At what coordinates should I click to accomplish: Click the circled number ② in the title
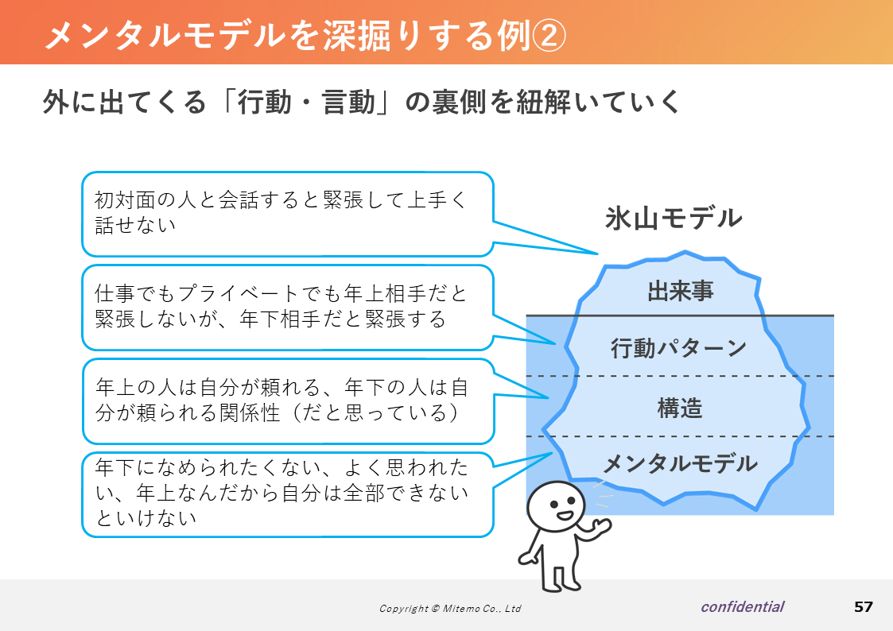549,35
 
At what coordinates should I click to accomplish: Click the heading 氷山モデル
674,219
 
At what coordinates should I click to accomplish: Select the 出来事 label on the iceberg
681,291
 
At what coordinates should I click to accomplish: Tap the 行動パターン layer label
678,347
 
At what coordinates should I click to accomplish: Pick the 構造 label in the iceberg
680,408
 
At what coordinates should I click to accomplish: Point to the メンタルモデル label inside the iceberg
680,464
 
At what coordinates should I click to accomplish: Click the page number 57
864,607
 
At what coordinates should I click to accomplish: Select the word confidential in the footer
743,607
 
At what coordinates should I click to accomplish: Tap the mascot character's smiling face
556,506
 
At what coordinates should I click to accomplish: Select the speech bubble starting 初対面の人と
288,214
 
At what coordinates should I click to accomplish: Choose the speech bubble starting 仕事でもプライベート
288,308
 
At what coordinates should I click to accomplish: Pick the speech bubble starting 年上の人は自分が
288,401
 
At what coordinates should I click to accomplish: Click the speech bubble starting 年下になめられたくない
288,494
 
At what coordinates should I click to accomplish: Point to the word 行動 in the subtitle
265,103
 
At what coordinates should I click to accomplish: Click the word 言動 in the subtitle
348,103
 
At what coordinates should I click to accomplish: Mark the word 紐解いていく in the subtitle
599,103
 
